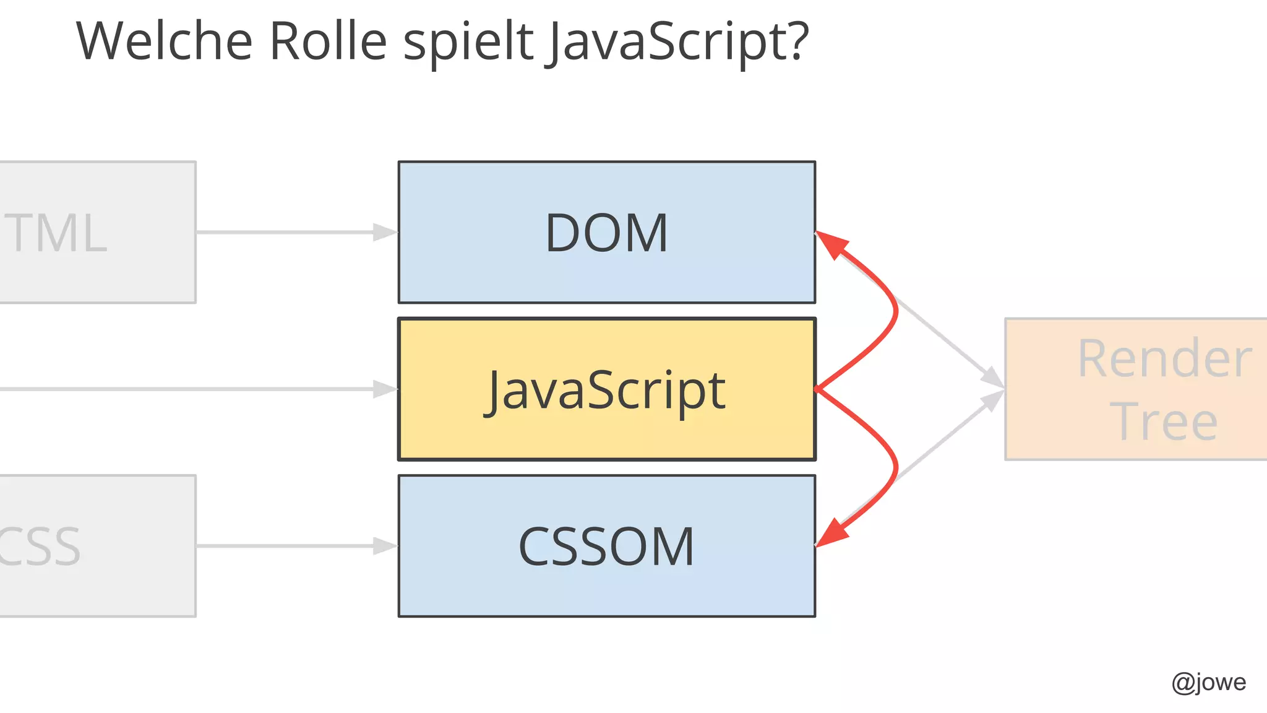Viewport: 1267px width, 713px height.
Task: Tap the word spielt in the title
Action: tap(468, 42)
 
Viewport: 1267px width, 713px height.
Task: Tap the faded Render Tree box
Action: tap(1136, 389)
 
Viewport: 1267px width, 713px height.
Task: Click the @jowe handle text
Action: tap(1208, 682)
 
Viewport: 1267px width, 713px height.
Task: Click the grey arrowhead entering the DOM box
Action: tap(385, 232)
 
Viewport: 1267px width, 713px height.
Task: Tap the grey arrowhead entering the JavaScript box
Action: tap(385, 389)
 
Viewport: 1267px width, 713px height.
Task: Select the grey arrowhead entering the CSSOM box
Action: tap(385, 546)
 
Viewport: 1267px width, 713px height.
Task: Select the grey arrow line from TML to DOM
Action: tap(285, 232)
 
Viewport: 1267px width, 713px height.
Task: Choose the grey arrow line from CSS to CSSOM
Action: tap(285, 546)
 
